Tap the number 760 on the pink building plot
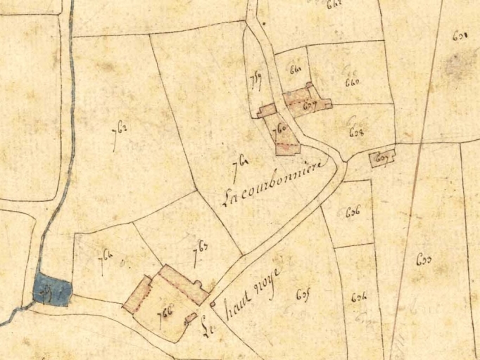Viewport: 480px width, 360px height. point(282,130)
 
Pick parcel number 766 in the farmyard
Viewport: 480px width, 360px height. point(167,309)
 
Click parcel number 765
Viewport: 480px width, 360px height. point(200,248)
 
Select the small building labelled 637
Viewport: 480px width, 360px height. point(382,159)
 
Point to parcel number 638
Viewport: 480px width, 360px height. point(356,131)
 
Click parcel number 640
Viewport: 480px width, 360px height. point(352,82)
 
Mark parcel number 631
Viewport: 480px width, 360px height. point(461,34)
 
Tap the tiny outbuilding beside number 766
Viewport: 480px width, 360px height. point(190,318)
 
